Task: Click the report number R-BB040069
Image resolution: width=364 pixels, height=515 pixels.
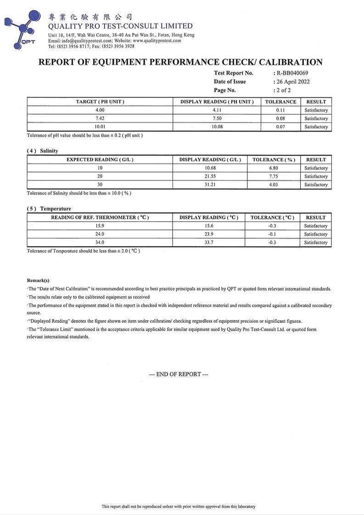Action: click(291, 73)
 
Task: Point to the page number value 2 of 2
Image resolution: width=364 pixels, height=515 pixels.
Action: click(283, 90)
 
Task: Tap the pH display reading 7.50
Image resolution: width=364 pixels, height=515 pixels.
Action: click(217, 118)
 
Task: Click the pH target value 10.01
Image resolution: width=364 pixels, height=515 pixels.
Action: click(100, 127)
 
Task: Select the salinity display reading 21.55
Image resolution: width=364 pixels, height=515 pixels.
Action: click(210, 176)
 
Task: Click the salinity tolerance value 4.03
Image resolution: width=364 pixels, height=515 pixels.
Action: click(274, 185)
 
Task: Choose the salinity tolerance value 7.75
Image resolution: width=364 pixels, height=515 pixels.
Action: click(274, 176)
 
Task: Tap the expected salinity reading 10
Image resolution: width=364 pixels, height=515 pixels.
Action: click(100, 168)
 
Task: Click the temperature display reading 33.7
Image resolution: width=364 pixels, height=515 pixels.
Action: click(209, 242)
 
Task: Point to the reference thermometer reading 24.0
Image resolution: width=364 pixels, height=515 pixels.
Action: click(100, 234)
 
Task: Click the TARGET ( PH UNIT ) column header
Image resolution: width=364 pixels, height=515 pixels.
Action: click(100, 101)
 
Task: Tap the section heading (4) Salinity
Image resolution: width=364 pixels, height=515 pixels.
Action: click(43, 151)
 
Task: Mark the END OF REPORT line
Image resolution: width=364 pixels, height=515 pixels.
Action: click(179, 374)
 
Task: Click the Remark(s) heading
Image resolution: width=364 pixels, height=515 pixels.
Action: click(38, 280)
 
